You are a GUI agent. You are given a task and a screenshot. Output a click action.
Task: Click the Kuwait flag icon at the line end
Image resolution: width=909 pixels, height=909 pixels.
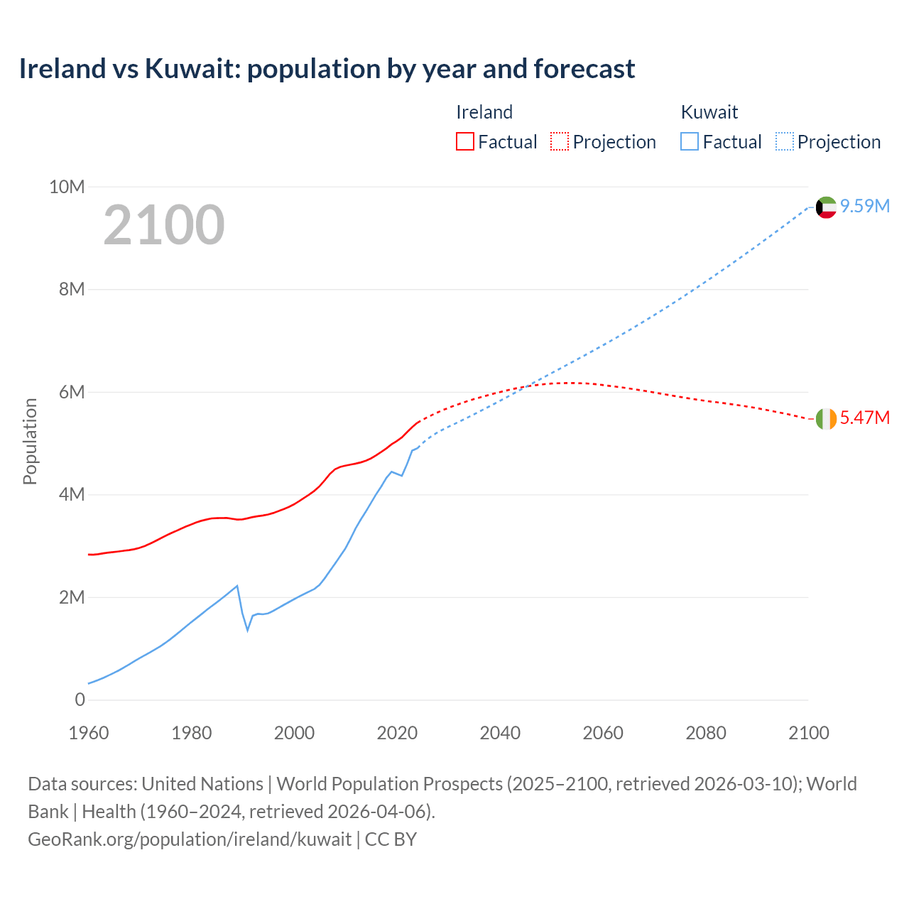826,207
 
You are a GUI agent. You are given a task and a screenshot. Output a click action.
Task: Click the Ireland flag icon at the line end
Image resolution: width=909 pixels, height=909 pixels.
826,419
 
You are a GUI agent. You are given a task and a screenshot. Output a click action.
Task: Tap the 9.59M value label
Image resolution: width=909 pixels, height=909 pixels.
865,206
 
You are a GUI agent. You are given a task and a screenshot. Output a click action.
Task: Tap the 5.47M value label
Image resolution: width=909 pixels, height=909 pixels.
865,418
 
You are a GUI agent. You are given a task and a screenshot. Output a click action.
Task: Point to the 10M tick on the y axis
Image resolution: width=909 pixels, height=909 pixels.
67,187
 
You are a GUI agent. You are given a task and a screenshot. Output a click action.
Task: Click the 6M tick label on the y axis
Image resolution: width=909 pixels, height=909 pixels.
71,392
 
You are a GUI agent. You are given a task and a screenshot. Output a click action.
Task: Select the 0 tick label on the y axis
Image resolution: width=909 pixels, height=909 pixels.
80,700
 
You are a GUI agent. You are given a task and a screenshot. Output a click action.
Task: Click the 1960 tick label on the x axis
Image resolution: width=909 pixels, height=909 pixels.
89,733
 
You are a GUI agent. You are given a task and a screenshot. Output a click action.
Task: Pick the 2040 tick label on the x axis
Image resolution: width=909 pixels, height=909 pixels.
500,733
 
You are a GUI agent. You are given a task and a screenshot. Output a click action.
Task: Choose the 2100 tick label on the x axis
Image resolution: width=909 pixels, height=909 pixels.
808,733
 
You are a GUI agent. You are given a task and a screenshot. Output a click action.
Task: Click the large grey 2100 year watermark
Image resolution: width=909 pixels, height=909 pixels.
164,225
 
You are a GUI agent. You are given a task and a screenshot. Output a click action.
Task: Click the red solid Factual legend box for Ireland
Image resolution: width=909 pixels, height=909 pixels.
464,142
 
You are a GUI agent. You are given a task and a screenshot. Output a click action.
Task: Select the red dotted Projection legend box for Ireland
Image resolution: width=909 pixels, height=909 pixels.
560,142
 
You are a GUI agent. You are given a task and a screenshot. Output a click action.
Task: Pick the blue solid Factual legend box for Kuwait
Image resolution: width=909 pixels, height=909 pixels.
689,142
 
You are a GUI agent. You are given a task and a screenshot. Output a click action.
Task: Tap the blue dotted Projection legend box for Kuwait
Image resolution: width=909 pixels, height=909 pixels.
784,142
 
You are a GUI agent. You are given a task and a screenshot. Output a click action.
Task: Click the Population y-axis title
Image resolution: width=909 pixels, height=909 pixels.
30,441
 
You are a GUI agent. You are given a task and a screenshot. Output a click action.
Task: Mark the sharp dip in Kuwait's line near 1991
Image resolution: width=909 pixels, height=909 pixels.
248,629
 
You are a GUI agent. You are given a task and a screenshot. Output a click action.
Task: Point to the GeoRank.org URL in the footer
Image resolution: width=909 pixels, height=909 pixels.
190,839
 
